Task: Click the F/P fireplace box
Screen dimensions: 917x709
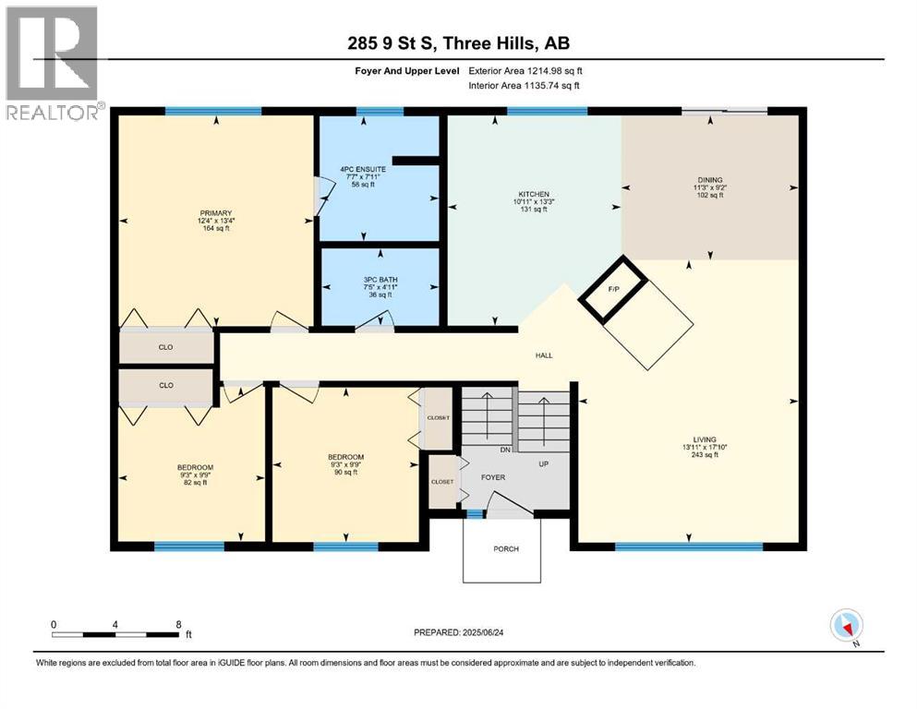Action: pos(613,289)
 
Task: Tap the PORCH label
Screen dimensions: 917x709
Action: pos(506,549)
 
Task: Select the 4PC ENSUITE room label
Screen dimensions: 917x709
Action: pos(363,169)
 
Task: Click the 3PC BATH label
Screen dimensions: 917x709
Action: pos(380,280)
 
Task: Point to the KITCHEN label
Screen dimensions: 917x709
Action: pos(534,194)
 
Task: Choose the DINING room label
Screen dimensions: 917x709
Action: pos(710,180)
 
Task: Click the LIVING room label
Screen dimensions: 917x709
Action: pos(705,439)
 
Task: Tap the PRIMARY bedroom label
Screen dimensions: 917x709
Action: pos(216,213)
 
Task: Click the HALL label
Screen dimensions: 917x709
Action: pos(544,355)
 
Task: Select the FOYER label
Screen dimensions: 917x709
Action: pos(493,477)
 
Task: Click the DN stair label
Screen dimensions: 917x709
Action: pos(505,450)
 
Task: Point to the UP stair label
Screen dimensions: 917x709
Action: pos(543,464)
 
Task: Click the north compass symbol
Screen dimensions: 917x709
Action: pos(846,626)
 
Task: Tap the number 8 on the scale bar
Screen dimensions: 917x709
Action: pos(179,624)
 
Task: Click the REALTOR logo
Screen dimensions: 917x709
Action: pos(52,63)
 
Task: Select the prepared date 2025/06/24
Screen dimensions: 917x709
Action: pos(482,632)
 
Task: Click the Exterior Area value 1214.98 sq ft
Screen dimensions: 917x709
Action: pos(554,71)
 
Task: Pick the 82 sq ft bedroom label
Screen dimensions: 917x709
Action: pos(196,483)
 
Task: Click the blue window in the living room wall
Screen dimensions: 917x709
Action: pos(689,547)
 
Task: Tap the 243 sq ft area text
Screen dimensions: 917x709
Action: pos(705,455)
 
